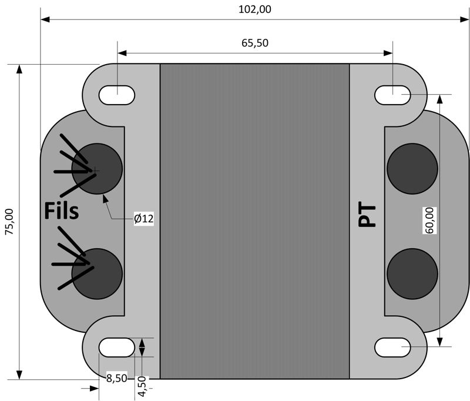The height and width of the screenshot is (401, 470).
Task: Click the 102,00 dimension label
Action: [255, 9]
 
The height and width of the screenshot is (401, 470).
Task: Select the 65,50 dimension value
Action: [255, 43]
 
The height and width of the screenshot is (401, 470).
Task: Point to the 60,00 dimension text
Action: [429, 221]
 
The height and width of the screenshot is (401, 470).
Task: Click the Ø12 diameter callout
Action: [143, 219]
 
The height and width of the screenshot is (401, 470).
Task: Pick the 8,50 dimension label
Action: [116, 379]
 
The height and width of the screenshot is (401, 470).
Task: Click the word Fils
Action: [61, 210]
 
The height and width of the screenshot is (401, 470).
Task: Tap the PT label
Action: [367, 215]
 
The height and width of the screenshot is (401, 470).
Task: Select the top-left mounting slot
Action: [117, 93]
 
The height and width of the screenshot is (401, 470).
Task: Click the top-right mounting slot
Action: [392, 93]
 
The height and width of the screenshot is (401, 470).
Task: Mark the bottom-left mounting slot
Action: [117, 347]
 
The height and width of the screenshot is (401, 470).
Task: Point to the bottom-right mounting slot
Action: [392, 347]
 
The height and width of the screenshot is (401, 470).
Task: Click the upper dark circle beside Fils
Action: [98, 169]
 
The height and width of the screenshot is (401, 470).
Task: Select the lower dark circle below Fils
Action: [98, 273]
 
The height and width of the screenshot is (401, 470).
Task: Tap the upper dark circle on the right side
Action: [412, 169]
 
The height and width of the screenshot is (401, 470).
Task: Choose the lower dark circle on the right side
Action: [412, 273]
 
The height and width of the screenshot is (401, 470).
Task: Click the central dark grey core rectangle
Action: [254, 220]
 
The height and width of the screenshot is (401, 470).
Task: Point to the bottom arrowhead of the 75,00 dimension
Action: [19, 375]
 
